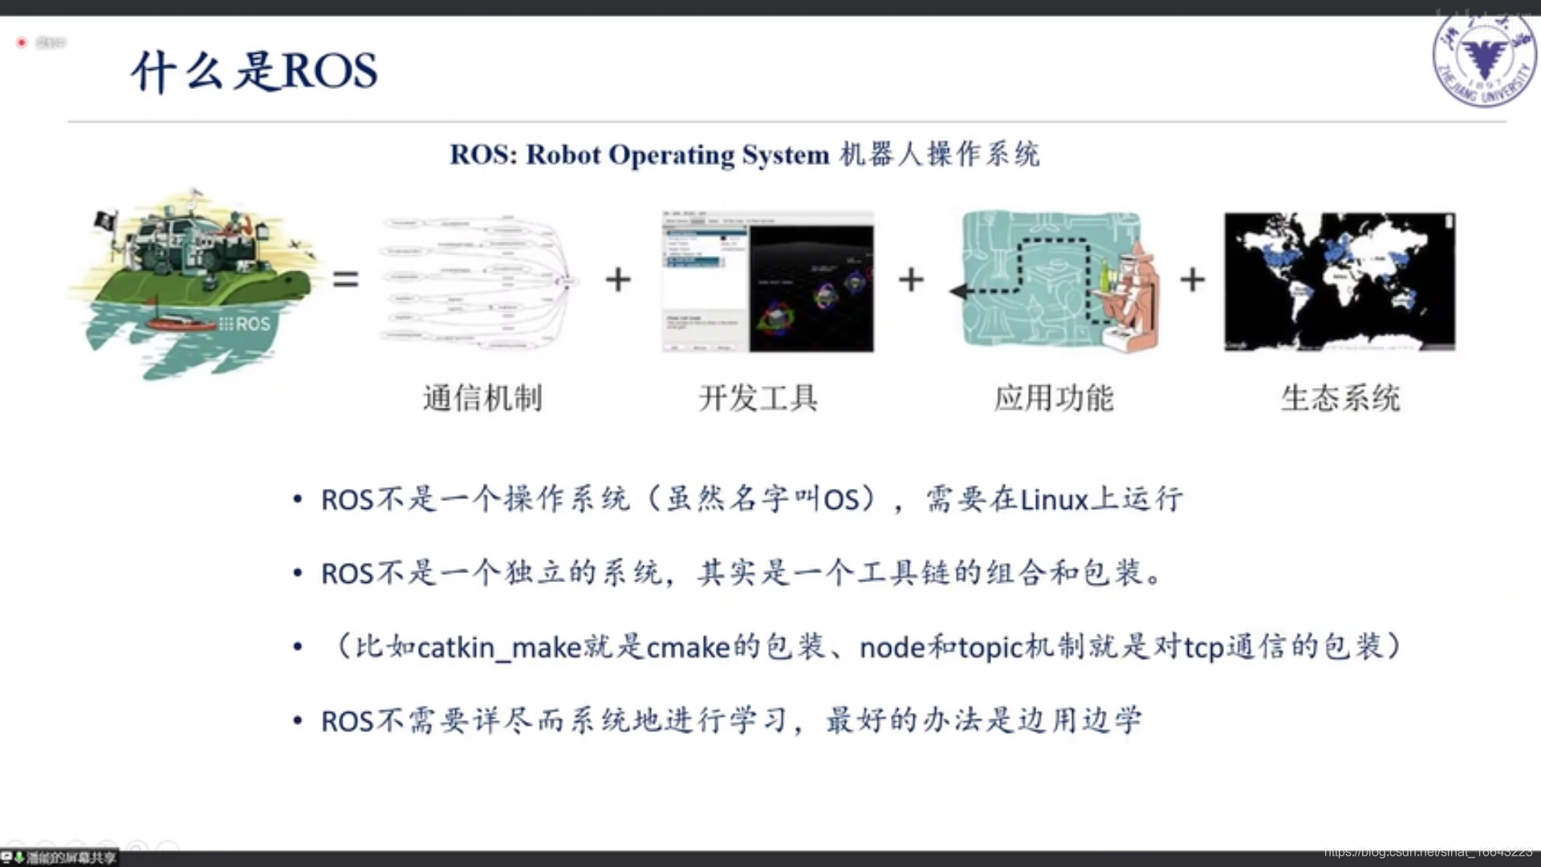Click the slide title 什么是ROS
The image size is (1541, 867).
tap(254, 71)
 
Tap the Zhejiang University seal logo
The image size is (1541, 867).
tap(1483, 61)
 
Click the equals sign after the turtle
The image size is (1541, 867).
tap(346, 279)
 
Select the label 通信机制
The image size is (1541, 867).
tap(483, 398)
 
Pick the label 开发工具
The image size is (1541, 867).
tap(758, 398)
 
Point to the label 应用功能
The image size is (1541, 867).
tap(1054, 398)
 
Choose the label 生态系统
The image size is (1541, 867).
tap(1340, 398)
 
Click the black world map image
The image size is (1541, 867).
tap(1340, 282)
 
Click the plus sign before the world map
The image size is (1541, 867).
tap(1193, 279)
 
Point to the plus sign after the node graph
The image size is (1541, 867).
tap(618, 279)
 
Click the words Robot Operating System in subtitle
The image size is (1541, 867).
tap(677, 154)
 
